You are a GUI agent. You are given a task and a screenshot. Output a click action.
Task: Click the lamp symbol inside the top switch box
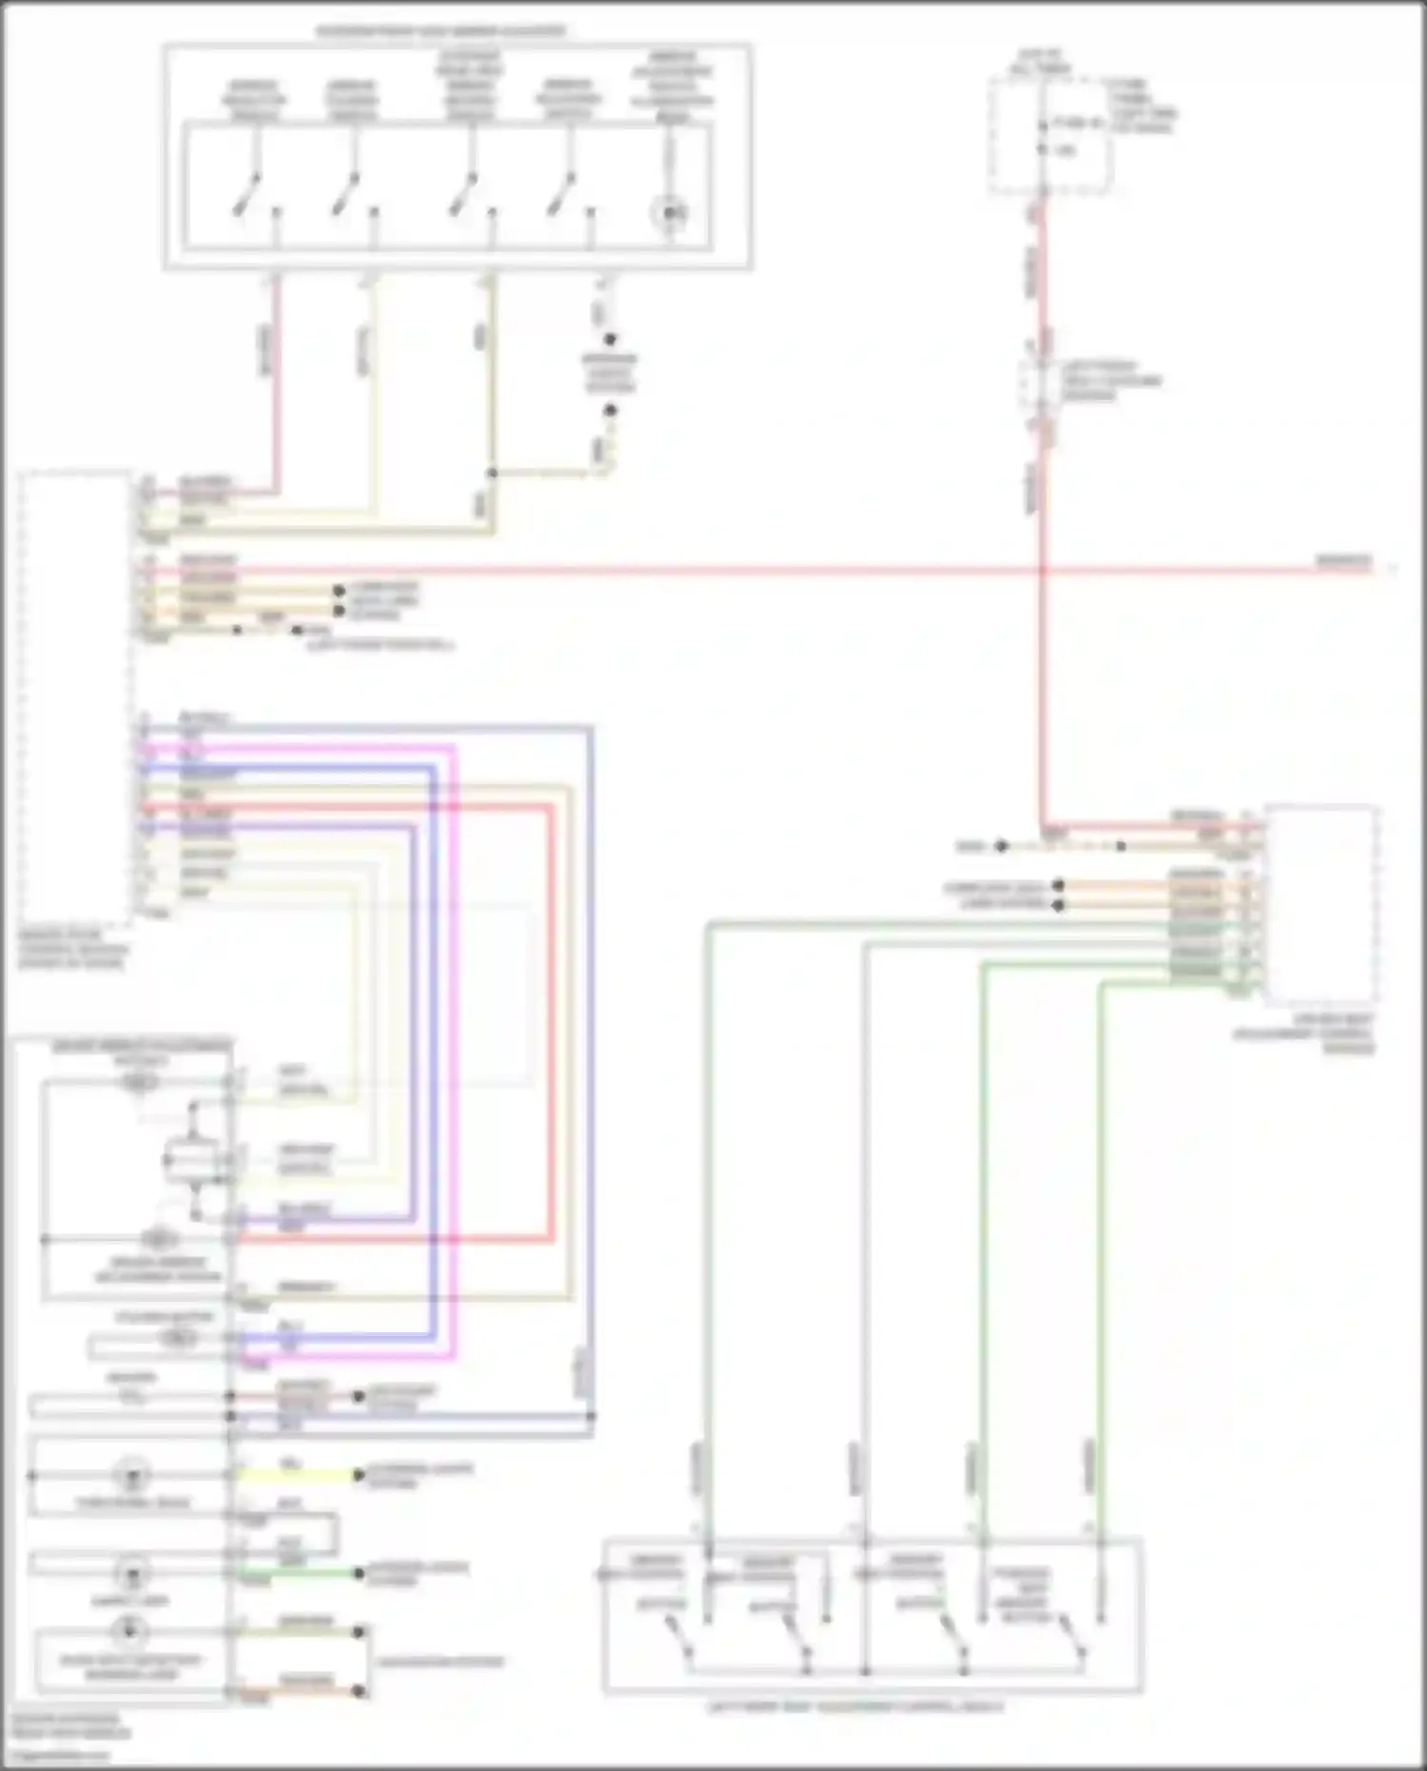click(x=670, y=213)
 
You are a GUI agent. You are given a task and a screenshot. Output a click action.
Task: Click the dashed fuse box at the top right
click(x=1049, y=136)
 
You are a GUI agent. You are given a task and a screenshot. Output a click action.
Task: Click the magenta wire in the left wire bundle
click(x=454, y=1047)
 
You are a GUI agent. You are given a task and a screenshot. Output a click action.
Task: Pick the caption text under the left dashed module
click(x=72, y=950)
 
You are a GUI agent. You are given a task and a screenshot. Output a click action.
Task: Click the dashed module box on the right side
click(x=1321, y=904)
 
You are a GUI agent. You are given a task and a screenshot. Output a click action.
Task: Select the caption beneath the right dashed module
click(x=1318, y=1034)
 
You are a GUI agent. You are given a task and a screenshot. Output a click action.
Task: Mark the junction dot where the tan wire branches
click(x=492, y=473)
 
